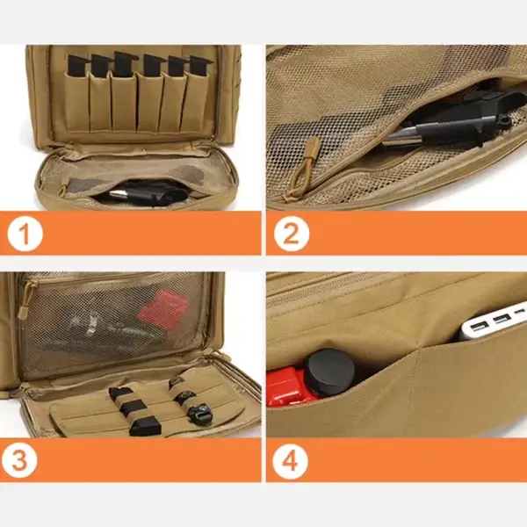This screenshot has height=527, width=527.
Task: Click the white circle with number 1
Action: click(27, 235)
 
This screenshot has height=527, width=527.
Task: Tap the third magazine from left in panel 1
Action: click(123, 67)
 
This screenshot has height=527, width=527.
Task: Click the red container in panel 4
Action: click(286, 387)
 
